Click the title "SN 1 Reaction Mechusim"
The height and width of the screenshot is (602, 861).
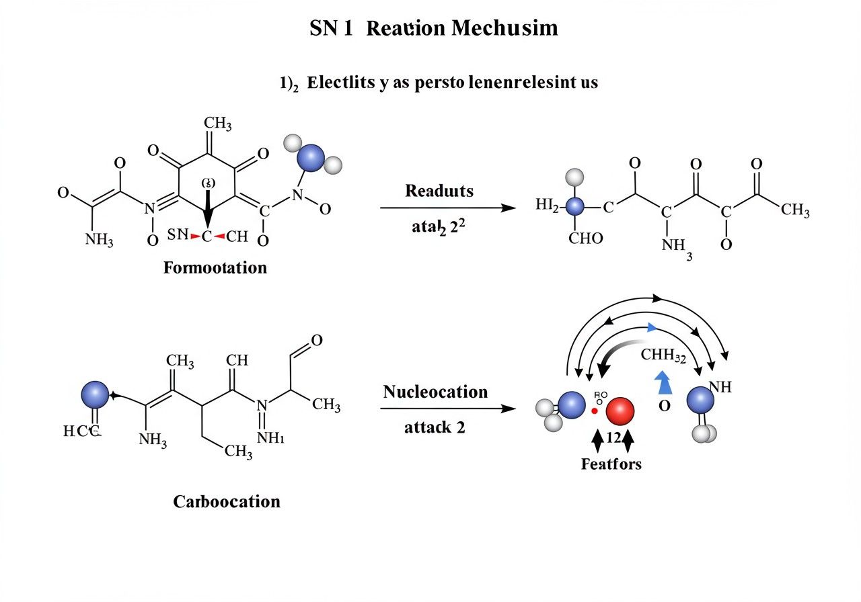(x=433, y=29)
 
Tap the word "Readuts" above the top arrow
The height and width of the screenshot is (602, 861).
(x=439, y=191)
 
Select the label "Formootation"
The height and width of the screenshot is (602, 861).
(x=215, y=267)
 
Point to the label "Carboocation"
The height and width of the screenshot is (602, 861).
(x=227, y=501)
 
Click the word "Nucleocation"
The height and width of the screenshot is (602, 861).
(x=435, y=392)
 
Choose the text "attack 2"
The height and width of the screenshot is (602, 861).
(x=435, y=427)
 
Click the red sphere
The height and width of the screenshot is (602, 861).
(x=620, y=411)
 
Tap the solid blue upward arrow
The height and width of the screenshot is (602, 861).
(x=664, y=382)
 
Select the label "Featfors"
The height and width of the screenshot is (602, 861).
(x=611, y=464)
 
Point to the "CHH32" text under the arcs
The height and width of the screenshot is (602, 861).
(x=663, y=356)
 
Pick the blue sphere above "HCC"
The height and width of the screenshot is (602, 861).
(x=94, y=394)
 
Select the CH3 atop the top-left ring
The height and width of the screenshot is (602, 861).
(x=217, y=123)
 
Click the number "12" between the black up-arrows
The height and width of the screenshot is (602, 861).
(x=613, y=437)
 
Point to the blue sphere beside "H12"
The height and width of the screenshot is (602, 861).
(x=574, y=207)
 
